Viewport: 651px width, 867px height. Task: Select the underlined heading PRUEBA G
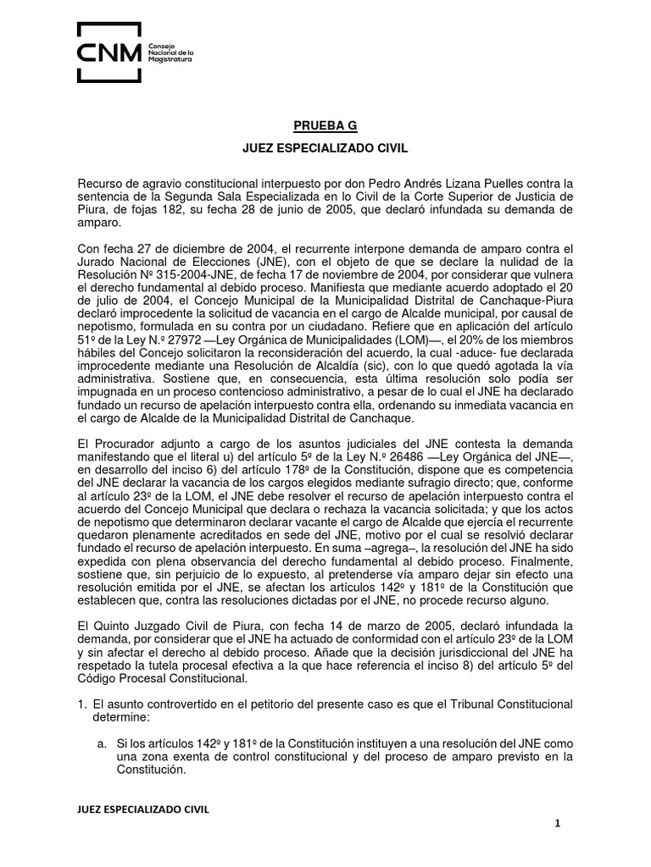(x=325, y=126)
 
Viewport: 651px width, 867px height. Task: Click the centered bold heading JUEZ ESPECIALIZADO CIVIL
(x=325, y=149)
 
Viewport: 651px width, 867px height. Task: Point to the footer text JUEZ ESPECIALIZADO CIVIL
(x=143, y=809)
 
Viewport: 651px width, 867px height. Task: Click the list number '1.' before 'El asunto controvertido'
(x=82, y=704)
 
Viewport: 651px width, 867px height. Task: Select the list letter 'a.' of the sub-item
(x=100, y=743)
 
